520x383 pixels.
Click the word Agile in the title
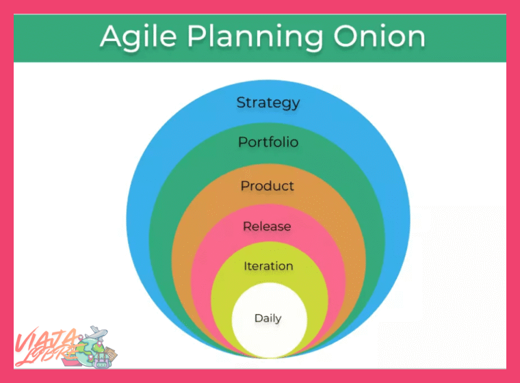tap(138, 37)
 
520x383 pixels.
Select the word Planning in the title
tap(255, 38)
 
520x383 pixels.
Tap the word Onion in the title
tap(379, 36)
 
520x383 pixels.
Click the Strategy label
tap(268, 103)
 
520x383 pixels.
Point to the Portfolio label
tap(268, 142)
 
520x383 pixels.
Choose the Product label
tap(268, 186)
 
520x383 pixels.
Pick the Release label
tap(267, 226)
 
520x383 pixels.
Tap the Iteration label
tap(268, 266)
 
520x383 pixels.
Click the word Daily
tap(268, 318)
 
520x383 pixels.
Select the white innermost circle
tap(270, 320)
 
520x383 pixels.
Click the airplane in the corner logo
tap(96, 332)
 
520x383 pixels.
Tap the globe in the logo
tap(89, 351)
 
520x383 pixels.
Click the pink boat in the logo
tap(70, 360)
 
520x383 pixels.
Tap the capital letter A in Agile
tap(112, 36)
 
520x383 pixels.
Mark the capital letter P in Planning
tap(197, 36)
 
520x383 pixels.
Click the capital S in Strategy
tap(241, 103)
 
